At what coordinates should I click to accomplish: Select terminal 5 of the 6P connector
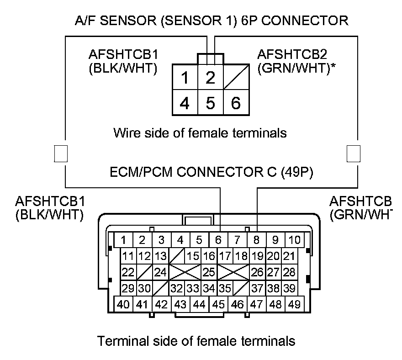point(210,103)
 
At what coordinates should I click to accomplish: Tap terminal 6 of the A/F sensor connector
point(236,103)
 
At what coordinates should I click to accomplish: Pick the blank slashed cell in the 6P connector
point(236,77)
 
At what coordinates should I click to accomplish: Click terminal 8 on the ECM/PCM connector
point(256,239)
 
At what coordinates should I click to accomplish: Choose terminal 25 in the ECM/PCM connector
point(209,273)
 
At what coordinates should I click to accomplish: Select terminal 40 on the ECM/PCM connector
point(123,304)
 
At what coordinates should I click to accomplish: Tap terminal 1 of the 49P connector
point(123,239)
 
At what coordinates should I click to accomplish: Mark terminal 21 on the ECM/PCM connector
point(288,256)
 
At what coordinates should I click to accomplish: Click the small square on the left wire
point(61,154)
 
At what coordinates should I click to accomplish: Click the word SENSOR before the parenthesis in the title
point(128,20)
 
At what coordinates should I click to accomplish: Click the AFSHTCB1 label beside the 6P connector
point(123,55)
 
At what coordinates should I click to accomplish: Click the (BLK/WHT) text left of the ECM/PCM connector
point(49,214)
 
